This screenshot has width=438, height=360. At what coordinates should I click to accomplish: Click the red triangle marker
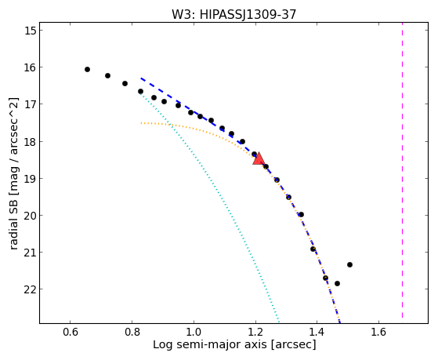pyautogui.click(x=259, y=159)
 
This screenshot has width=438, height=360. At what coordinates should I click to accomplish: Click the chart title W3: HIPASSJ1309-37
pyautogui.click(x=233, y=14)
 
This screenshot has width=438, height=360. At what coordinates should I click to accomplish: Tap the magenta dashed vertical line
pyautogui.click(x=402, y=170)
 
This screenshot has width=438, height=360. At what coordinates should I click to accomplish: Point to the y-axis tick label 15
pyautogui.click(x=31, y=31)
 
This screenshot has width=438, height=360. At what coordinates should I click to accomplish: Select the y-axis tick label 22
pyautogui.click(x=31, y=289)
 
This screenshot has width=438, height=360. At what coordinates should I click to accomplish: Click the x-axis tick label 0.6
pyautogui.click(x=70, y=332)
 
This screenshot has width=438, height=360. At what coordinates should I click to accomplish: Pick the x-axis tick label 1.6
pyautogui.click(x=378, y=332)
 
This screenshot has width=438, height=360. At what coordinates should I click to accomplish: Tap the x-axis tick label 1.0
pyautogui.click(x=194, y=332)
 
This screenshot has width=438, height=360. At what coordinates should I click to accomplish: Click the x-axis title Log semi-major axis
pyautogui.click(x=210, y=344)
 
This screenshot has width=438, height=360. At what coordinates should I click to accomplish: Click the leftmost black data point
pyautogui.click(x=87, y=69)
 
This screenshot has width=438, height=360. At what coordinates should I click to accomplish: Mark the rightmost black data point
pyautogui.click(x=349, y=264)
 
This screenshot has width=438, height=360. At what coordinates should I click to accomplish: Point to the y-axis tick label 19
pyautogui.click(x=31, y=178)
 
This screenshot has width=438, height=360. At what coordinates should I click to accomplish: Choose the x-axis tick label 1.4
pyautogui.click(x=317, y=332)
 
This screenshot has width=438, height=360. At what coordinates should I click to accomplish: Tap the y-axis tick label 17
pyautogui.click(x=31, y=104)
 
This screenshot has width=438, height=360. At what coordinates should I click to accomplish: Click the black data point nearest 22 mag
pyautogui.click(x=337, y=283)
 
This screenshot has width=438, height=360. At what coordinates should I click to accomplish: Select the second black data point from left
pyautogui.click(x=107, y=75)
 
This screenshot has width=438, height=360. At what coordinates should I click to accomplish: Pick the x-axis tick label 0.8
pyautogui.click(x=132, y=332)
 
